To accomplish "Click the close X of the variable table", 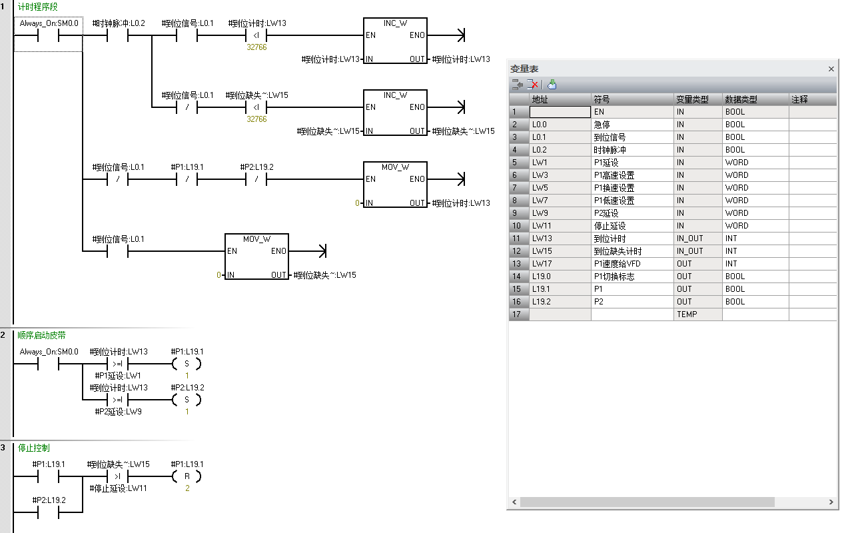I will point(831,69).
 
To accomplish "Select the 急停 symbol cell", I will point(631,125).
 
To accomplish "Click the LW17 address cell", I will point(560,264).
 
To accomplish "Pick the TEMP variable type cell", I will point(697,314).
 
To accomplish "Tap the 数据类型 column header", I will point(755,99).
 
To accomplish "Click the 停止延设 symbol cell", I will point(631,226).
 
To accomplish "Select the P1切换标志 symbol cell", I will point(631,276).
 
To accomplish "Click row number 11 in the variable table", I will point(519,239).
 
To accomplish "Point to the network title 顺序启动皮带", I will point(41,335).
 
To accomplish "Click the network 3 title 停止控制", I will point(33,448).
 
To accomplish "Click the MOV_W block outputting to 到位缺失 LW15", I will point(256,257).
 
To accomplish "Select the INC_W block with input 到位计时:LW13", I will point(395,41).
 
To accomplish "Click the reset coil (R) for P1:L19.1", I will point(187,476).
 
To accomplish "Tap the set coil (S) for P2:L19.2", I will point(187,400).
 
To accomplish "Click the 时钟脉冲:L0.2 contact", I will point(118,35).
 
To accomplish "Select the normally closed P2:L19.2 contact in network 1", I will point(256,179).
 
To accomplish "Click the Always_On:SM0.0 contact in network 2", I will point(49,364).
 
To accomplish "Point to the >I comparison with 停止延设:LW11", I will point(117,476).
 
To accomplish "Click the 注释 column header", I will point(811,99).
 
